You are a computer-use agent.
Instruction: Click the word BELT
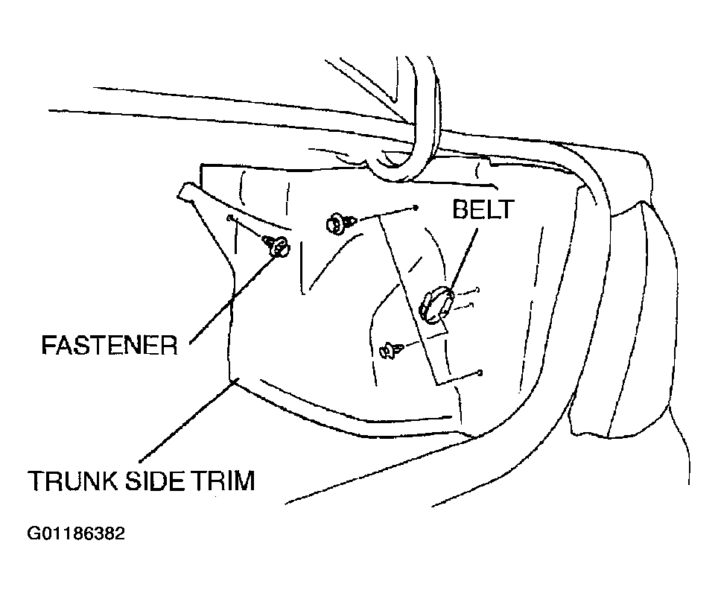click(483, 210)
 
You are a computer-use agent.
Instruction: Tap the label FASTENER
click(109, 345)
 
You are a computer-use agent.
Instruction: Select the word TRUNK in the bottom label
click(72, 481)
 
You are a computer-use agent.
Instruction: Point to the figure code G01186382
click(76, 533)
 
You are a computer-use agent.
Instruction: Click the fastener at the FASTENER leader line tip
click(276, 245)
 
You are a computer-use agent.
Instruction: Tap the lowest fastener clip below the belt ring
click(390, 350)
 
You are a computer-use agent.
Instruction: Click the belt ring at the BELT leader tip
click(436, 304)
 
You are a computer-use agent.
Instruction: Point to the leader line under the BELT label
click(463, 259)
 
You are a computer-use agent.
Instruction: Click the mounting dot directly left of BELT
click(416, 208)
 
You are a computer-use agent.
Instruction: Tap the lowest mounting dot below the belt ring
click(480, 372)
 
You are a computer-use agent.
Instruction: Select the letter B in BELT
click(460, 210)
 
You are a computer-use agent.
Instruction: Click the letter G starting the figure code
click(33, 533)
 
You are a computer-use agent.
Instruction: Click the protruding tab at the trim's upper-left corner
click(188, 191)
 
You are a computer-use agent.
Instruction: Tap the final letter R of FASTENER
click(169, 345)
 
